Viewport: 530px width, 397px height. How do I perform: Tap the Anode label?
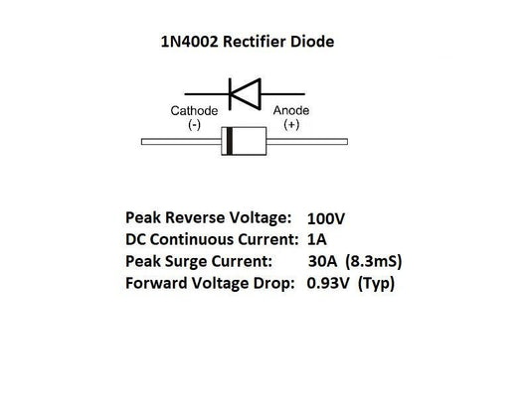click(291, 111)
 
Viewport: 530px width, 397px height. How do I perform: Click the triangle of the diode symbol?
click(246, 91)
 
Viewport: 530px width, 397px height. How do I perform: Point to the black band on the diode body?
click(231, 142)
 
